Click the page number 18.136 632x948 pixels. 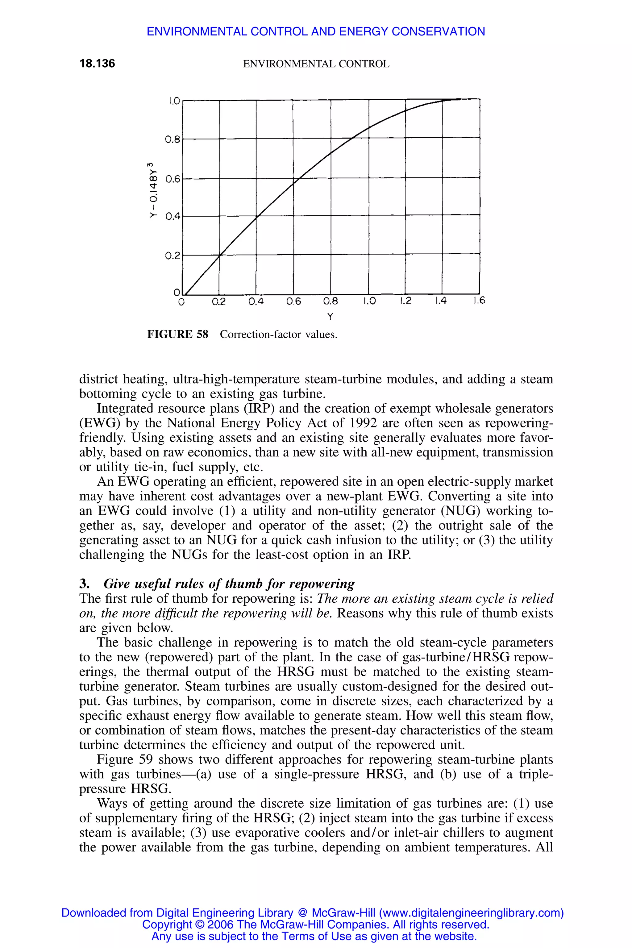[97, 64]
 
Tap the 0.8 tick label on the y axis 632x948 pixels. [172, 140]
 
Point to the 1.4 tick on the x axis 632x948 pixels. [441, 301]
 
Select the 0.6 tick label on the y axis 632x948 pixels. [172, 179]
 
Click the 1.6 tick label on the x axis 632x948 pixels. [479, 301]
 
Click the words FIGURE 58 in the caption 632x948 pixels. [178, 335]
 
